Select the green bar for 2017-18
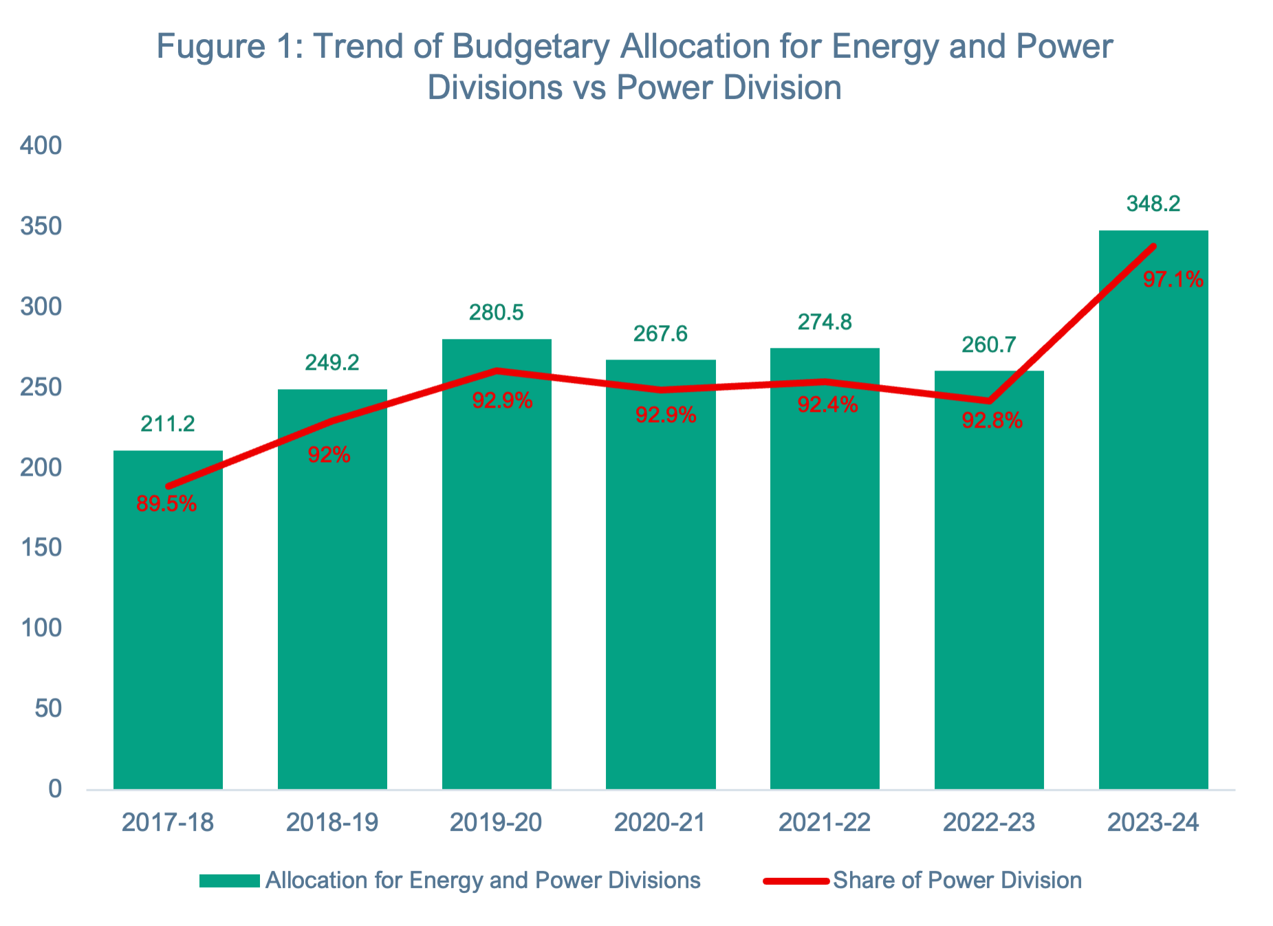(x=168, y=619)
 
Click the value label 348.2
(x=1153, y=203)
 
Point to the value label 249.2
(x=332, y=362)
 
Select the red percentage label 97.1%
(x=1173, y=280)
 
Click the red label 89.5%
(x=166, y=504)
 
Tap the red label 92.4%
(x=827, y=405)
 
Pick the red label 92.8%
(x=992, y=421)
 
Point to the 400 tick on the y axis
(x=41, y=146)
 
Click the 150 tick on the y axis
(x=41, y=548)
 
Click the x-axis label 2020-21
(x=660, y=822)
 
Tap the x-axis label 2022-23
(x=989, y=822)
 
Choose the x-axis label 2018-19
(x=332, y=822)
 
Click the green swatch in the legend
(x=229, y=881)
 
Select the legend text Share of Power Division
(x=957, y=881)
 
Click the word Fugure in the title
(x=210, y=47)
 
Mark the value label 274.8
(x=825, y=322)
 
